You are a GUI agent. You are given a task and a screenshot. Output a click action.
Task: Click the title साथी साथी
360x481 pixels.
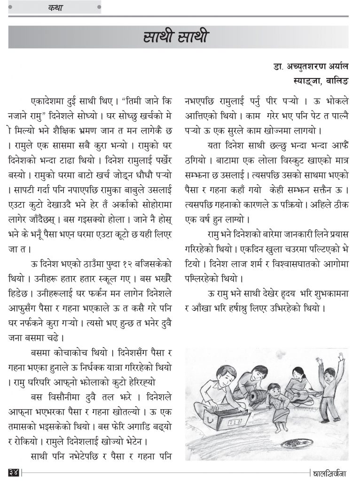[175, 37]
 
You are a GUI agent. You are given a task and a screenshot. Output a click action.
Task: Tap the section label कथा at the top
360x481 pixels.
[55, 8]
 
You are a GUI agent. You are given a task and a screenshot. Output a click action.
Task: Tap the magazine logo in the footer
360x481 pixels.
[329, 471]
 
